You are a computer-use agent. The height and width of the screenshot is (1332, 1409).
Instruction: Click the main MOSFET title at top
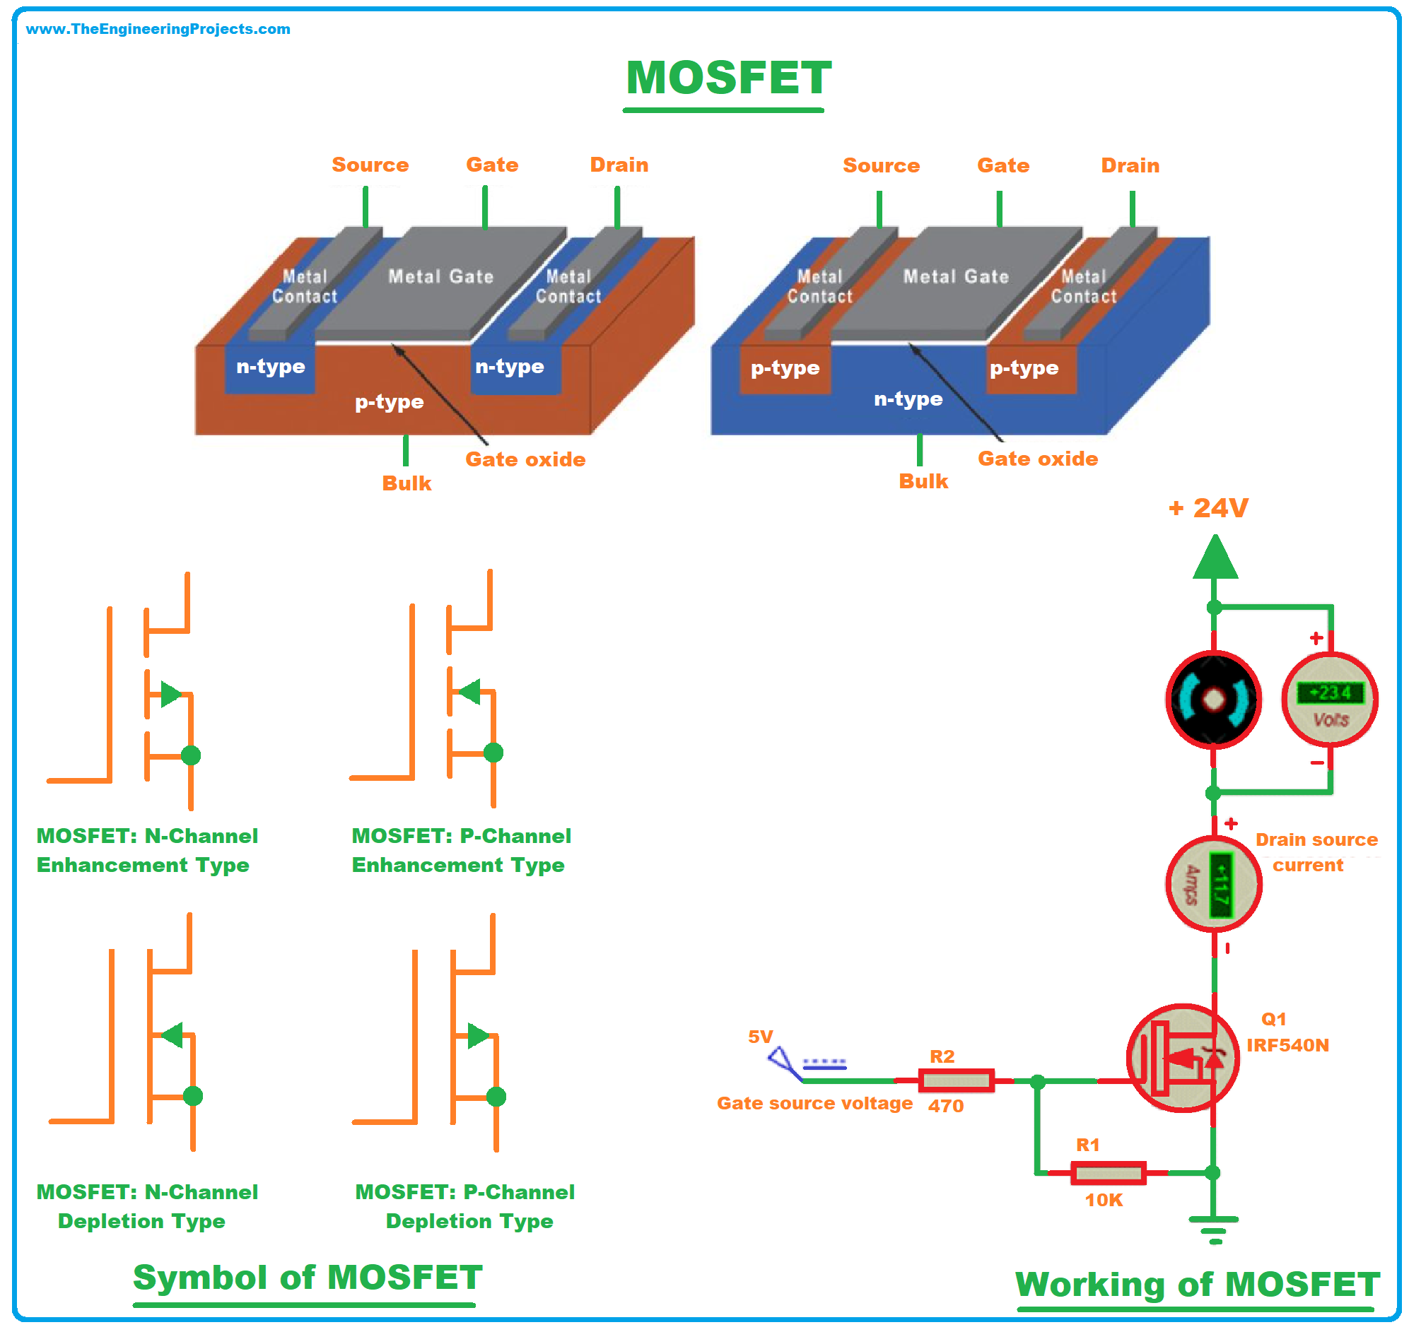tap(728, 78)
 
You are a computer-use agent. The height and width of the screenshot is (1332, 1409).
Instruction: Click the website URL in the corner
tap(158, 29)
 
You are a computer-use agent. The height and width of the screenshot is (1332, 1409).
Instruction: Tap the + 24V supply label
tap(1208, 507)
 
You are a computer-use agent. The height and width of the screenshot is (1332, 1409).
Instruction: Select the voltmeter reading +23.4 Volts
tap(1329, 701)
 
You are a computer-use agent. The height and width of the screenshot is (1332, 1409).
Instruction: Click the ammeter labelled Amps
tap(1214, 885)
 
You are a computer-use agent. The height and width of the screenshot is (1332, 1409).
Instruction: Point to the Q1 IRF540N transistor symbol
tap(1182, 1059)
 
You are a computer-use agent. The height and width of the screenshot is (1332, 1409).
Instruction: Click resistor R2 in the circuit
tap(957, 1081)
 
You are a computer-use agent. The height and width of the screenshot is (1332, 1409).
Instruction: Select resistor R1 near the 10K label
tap(1108, 1174)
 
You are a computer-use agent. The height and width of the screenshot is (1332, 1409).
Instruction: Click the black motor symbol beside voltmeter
tap(1214, 700)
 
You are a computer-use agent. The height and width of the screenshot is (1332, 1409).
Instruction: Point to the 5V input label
tap(761, 1037)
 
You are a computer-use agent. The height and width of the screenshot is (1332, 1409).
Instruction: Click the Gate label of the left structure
tap(492, 165)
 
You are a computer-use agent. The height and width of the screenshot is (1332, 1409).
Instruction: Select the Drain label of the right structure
tap(1130, 165)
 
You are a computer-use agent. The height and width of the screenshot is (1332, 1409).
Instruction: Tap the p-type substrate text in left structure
tap(389, 402)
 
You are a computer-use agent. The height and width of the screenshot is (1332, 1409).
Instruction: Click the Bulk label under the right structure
tap(923, 482)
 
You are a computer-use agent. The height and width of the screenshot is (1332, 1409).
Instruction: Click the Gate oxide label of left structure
tap(525, 459)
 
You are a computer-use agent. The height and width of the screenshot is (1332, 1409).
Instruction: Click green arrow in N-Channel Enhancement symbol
tap(171, 695)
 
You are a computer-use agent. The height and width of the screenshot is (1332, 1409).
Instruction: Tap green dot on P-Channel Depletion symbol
tap(496, 1097)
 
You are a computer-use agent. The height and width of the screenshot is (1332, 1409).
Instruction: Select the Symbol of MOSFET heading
tap(308, 1278)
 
